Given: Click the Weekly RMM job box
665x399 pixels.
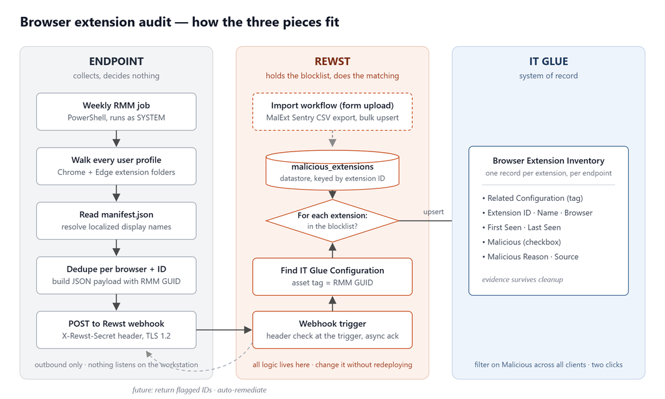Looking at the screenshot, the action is (116, 112).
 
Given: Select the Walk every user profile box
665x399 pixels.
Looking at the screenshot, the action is (116, 166).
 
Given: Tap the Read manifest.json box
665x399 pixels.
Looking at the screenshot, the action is (116, 221).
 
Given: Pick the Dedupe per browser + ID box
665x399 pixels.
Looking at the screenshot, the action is (116, 275).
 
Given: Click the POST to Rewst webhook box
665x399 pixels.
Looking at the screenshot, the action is (116, 330).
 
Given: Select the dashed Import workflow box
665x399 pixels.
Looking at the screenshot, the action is (332, 112).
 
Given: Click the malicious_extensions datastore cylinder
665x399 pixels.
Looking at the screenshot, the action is (332, 170).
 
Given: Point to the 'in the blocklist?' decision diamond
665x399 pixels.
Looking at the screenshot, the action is (332, 221).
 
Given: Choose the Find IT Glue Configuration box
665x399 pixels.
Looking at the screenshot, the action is (332, 276).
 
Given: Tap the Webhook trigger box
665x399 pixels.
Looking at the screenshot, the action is (332, 330).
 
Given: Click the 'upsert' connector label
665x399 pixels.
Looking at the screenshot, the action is (433, 212).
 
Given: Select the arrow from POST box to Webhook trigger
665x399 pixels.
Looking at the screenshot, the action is (224, 330).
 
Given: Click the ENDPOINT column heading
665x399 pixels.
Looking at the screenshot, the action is (116, 62).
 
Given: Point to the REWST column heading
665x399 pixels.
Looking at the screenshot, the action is (332, 62).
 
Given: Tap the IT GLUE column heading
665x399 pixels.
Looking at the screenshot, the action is (548, 62).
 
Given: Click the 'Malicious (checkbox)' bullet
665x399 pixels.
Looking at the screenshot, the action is (521, 242).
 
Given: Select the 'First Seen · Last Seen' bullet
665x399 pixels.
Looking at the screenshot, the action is (521, 227).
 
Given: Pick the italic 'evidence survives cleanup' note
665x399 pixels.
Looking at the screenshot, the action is (523, 279).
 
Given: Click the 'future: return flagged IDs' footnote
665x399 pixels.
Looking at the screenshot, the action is (199, 390).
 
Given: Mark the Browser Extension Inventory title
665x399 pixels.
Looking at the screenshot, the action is (548, 161).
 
